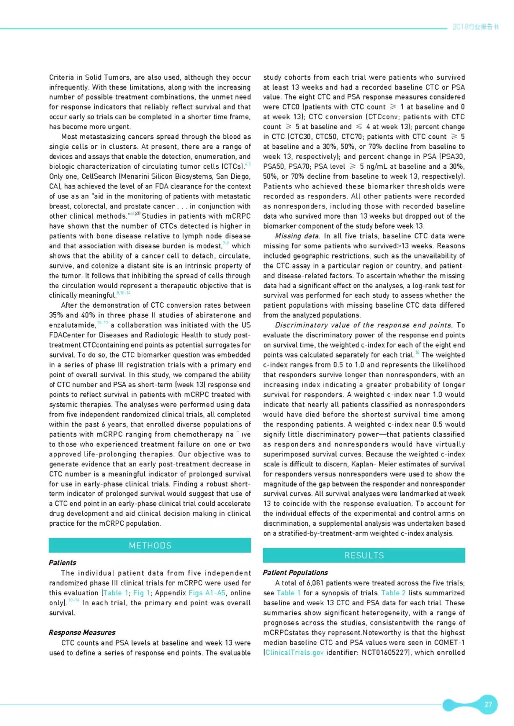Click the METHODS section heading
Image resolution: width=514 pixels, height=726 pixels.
[x=150, y=545]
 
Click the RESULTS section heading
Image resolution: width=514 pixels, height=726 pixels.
[x=364, y=555]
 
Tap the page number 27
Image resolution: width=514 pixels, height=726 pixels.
[x=488, y=705]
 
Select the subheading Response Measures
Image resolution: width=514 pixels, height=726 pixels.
[x=82, y=632]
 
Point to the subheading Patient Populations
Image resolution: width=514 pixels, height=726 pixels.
[x=295, y=572]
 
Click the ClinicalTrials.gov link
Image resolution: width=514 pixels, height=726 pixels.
[x=294, y=652]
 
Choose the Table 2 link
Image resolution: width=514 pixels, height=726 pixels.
[x=394, y=593]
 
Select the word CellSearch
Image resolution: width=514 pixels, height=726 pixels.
[x=99, y=176]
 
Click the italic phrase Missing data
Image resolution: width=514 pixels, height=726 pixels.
[x=297, y=236]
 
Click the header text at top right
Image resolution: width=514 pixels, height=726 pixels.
[x=475, y=27]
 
